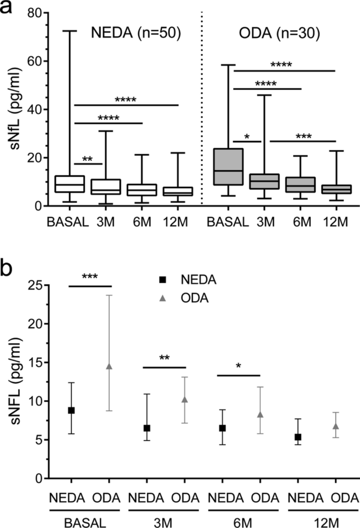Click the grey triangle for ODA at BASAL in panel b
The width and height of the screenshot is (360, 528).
(x=109, y=366)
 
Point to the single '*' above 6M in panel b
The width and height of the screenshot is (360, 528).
(x=239, y=365)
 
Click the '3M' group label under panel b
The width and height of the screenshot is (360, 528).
(x=164, y=521)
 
